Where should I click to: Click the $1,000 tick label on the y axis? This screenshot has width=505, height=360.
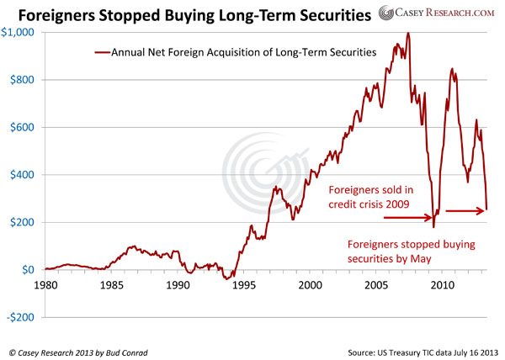(19, 32)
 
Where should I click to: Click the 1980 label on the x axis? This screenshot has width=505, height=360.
(45, 286)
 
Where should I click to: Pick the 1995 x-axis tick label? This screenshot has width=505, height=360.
(243, 286)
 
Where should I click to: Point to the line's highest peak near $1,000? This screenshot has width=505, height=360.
(408, 34)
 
